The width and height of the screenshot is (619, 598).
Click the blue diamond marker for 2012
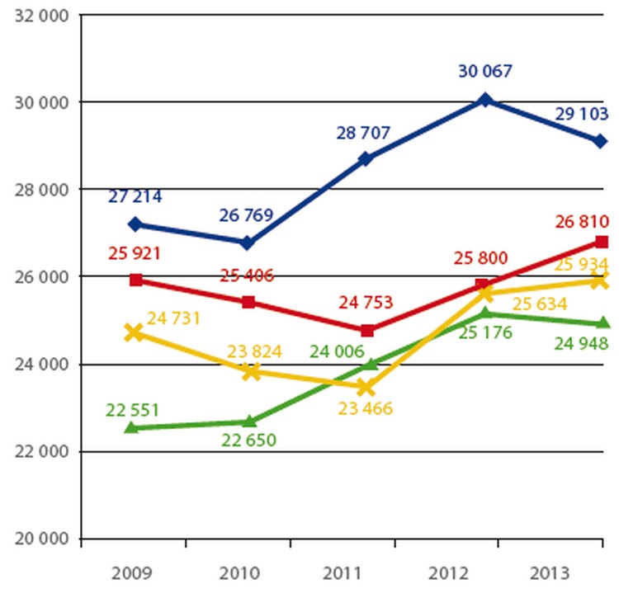[485, 100]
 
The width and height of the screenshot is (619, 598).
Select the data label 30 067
[485, 71]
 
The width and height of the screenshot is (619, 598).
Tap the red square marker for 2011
[367, 331]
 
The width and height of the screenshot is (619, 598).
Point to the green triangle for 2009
[134, 427]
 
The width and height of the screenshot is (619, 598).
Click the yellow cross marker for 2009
[134, 333]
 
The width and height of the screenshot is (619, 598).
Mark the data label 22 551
[134, 410]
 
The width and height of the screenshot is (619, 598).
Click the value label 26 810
[581, 221]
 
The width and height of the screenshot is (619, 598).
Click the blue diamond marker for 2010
[248, 242]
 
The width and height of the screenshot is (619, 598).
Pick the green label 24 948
[581, 343]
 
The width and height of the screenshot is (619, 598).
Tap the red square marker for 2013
[602, 242]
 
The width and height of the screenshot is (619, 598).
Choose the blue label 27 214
[135, 196]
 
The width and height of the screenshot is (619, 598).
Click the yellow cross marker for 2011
[366, 386]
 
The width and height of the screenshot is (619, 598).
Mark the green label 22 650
[248, 440]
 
